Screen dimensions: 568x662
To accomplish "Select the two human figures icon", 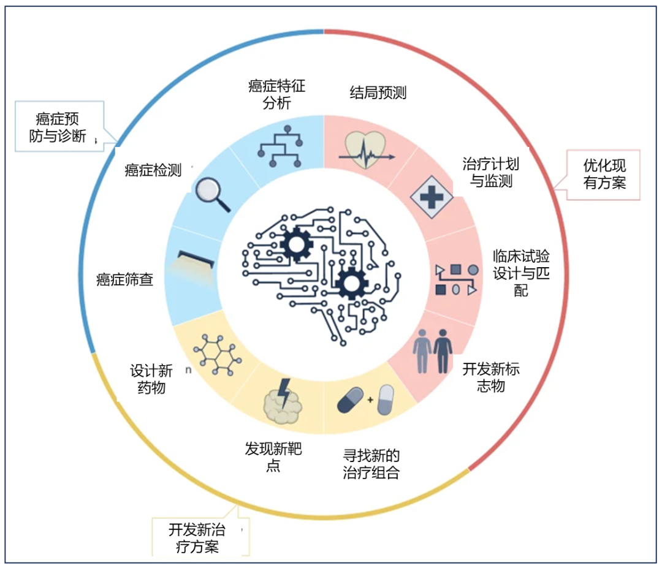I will pos(433,350).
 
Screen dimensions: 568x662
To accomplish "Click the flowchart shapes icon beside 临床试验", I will pos(456,279).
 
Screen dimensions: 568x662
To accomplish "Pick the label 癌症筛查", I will pos(124,280).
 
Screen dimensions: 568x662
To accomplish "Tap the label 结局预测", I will pos(378,93).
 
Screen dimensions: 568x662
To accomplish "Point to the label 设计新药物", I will pos(151,379).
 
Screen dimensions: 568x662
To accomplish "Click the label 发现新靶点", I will pos(273,457).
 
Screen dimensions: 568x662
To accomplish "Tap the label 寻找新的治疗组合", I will pos(371,464).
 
